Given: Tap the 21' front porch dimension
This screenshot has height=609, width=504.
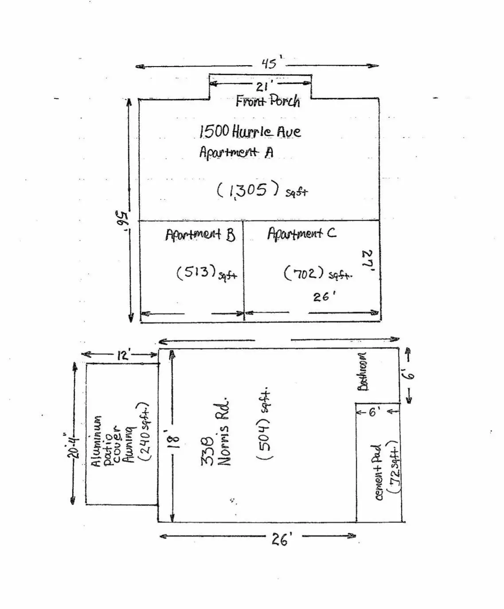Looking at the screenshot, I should click(262, 86).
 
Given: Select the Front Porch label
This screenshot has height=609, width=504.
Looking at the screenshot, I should click(268, 102).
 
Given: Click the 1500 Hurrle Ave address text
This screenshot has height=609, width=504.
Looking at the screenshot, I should click(250, 131).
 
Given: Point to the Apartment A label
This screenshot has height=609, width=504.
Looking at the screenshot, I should click(236, 152).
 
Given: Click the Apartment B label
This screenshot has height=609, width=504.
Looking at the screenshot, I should click(200, 234).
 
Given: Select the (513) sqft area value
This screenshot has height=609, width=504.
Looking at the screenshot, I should click(206, 273).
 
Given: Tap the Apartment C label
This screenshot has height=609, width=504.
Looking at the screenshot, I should click(301, 233).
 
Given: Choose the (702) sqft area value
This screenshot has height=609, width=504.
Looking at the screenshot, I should click(317, 273).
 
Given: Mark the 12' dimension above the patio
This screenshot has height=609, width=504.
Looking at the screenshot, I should click(123, 355).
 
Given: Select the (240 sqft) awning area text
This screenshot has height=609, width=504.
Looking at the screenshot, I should click(144, 432).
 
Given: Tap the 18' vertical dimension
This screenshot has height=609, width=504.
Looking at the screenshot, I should click(175, 439).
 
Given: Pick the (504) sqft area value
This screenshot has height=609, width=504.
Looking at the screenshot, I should click(264, 425).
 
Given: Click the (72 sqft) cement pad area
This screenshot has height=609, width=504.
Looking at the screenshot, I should click(394, 467).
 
